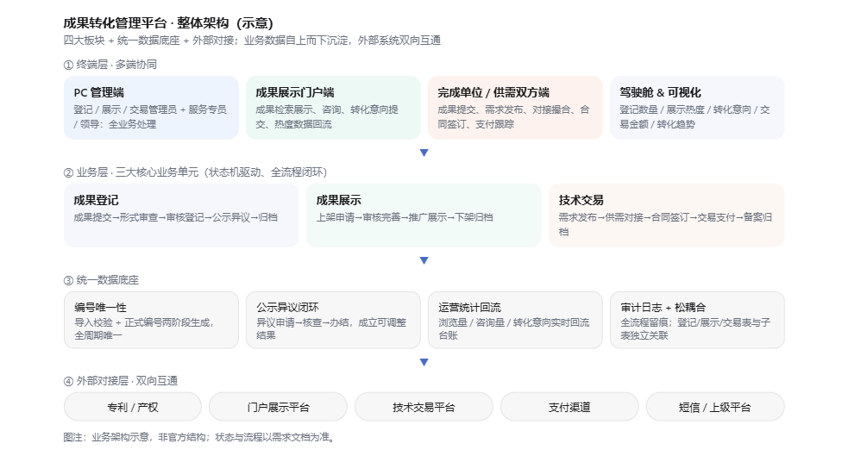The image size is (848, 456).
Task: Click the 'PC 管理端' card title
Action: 99,92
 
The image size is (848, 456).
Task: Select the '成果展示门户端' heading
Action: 295,92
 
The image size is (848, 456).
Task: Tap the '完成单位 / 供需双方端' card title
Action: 493,92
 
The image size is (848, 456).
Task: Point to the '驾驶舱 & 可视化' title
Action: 660,92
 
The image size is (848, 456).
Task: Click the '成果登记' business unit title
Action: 96,200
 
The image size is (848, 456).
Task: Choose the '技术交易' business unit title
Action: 581,200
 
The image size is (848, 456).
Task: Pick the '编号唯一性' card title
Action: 101,308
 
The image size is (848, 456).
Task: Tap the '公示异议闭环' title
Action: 288,308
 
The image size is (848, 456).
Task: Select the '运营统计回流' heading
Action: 470,308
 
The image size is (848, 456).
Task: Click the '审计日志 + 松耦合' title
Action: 663,308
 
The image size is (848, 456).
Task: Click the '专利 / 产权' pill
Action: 133,407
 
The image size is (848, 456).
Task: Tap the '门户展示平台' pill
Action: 278,407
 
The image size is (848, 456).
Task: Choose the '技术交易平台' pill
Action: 424,407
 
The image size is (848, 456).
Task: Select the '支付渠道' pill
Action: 569,407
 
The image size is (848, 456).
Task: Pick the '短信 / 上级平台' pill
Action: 715,407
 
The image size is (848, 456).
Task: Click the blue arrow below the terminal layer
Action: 424,153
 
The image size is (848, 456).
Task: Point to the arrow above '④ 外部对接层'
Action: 424,362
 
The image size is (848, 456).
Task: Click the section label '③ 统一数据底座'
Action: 101,280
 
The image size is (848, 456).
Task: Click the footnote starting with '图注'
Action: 199,437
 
